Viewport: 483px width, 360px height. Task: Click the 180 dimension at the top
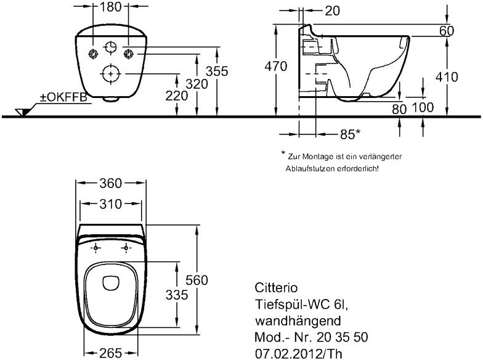point(111,7)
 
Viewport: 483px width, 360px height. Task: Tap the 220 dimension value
point(177,96)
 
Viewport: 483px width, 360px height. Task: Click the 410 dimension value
point(447,77)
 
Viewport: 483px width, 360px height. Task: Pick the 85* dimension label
point(350,133)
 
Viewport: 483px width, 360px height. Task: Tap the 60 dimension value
point(447,31)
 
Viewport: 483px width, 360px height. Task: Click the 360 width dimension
point(111,183)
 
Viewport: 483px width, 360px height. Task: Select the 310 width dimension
point(111,204)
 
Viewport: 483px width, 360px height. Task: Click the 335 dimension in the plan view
point(177,295)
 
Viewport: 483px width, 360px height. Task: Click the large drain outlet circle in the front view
point(110,74)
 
